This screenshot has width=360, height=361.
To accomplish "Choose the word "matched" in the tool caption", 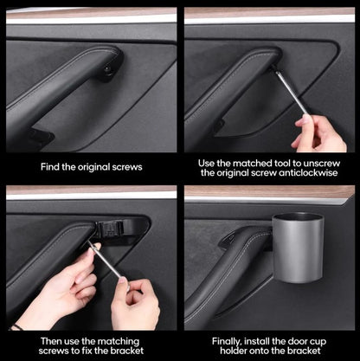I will (254, 161).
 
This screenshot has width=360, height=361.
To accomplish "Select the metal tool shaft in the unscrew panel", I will (291, 93).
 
